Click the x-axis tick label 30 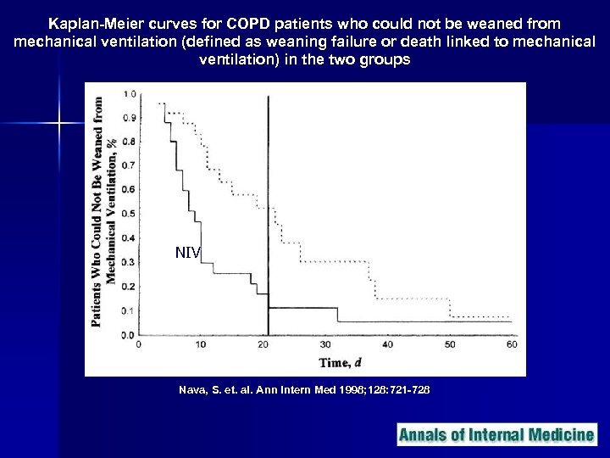coord(326,345)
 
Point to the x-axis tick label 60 coord(511,345)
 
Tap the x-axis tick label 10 coord(201,345)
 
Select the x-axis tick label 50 coord(450,345)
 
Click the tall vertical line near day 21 coord(269,212)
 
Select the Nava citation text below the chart coord(304,390)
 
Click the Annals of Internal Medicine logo coord(496,435)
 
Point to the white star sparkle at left coord(60,125)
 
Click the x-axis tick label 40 coord(388,345)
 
